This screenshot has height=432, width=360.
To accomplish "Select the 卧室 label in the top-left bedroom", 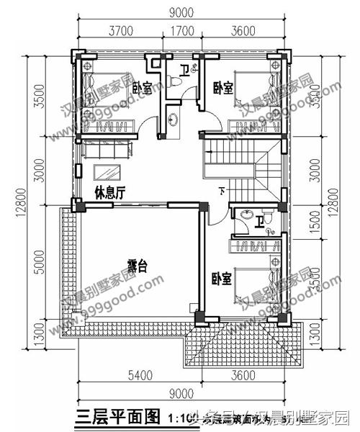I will click(x=142, y=89).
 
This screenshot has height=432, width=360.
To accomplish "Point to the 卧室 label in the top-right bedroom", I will click(x=222, y=87).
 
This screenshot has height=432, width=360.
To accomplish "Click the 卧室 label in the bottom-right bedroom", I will click(x=221, y=278).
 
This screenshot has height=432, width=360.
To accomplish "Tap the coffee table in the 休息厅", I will click(x=109, y=174).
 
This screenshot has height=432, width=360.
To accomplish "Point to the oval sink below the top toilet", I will click(x=174, y=118).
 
